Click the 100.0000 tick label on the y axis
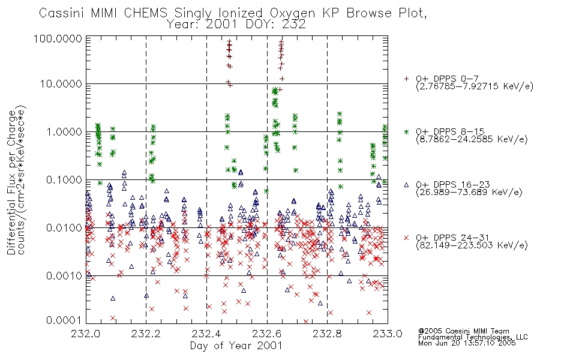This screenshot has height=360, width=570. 58,38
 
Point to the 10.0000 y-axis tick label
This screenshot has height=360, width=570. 61,84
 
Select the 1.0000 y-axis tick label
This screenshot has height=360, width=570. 64,131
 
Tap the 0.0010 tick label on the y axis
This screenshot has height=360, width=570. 64,275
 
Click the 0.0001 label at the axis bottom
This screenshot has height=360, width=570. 64,320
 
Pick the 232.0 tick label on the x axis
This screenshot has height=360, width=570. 86,334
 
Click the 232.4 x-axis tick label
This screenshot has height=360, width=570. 206,334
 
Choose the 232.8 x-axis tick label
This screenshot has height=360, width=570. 327,334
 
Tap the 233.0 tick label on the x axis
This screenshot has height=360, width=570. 388,334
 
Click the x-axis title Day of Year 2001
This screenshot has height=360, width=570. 236,345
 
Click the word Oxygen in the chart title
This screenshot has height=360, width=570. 292,13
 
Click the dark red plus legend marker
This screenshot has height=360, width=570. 406,79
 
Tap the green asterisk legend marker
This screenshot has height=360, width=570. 406,131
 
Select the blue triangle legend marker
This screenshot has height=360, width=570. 406,185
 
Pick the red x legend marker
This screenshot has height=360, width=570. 406,238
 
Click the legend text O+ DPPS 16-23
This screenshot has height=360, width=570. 453,185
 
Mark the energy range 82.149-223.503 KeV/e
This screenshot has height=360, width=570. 472,245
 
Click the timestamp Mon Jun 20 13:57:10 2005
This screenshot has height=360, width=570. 467,343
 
